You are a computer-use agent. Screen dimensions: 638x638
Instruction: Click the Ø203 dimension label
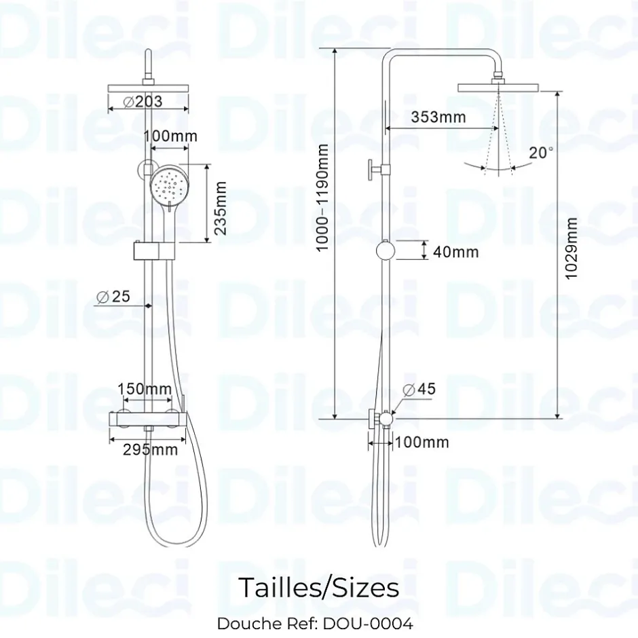coord(143,101)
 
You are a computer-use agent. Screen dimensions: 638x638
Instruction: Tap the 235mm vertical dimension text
coord(220,208)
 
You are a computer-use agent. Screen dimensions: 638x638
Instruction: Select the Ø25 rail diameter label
coord(113,297)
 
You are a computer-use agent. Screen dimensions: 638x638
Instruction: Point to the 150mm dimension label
coord(145,389)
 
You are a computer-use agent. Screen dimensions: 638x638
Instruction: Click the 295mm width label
coord(151,449)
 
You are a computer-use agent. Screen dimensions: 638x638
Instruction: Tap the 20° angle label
coord(541,153)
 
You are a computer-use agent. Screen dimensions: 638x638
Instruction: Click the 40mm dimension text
coord(455,252)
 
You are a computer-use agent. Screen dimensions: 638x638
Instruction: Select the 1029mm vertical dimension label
coord(571,248)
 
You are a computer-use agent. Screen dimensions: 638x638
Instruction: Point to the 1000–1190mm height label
coord(322,198)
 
